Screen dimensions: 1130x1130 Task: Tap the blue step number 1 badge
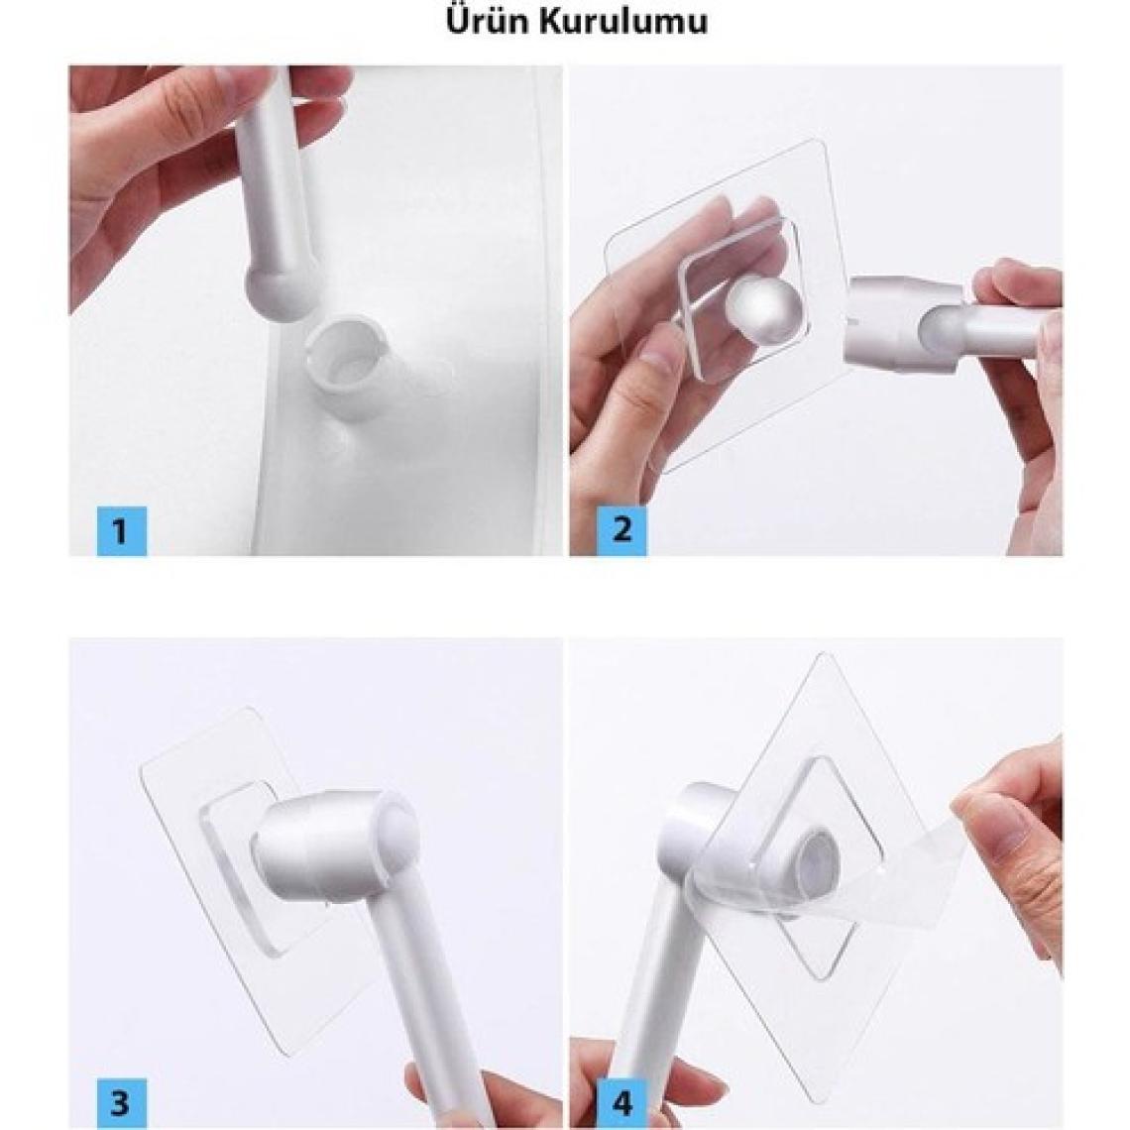coord(122,530)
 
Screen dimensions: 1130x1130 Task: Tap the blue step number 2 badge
coord(621,530)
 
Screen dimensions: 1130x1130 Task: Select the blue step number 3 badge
coord(122,1103)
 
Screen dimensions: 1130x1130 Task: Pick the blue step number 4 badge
coord(621,1103)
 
